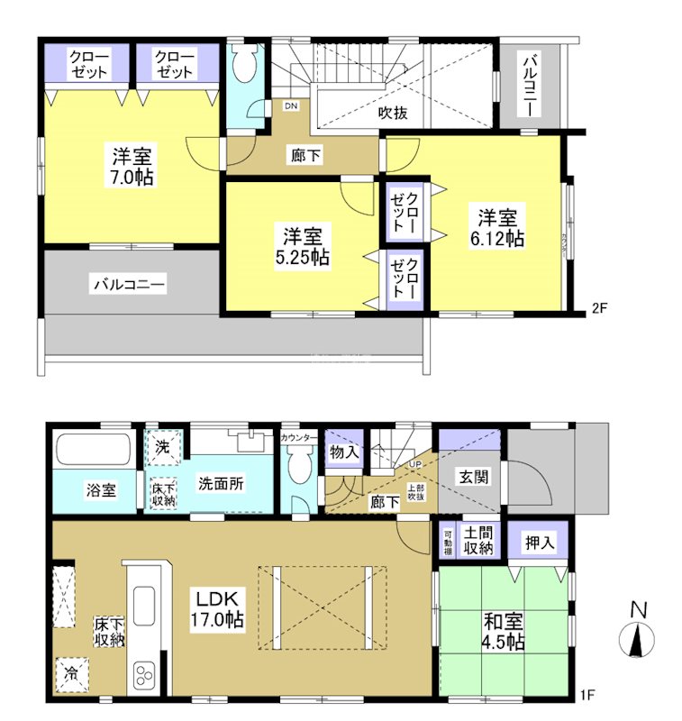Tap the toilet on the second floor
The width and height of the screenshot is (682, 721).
point(242,66)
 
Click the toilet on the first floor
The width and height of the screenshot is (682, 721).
point(298,469)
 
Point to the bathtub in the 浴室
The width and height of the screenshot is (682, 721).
point(95,450)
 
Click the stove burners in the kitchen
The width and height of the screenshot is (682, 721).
point(145,674)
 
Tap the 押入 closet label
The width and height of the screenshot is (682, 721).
point(541,543)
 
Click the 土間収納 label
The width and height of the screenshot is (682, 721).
point(479,542)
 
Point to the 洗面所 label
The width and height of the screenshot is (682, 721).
point(221,483)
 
